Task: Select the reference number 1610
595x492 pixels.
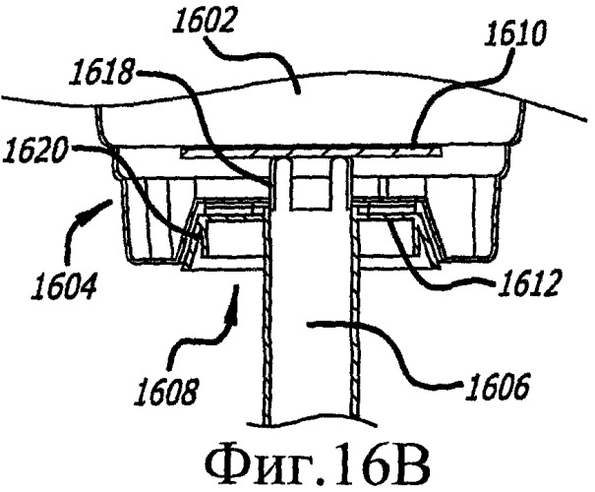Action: (x=515, y=34)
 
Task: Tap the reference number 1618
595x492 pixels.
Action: (x=100, y=73)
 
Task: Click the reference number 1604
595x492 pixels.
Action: (x=64, y=284)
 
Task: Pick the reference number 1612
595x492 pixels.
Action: (x=527, y=282)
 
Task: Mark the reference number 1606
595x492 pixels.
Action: (x=498, y=386)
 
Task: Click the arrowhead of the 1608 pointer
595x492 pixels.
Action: (x=234, y=301)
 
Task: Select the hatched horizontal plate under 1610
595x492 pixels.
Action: (x=311, y=153)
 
